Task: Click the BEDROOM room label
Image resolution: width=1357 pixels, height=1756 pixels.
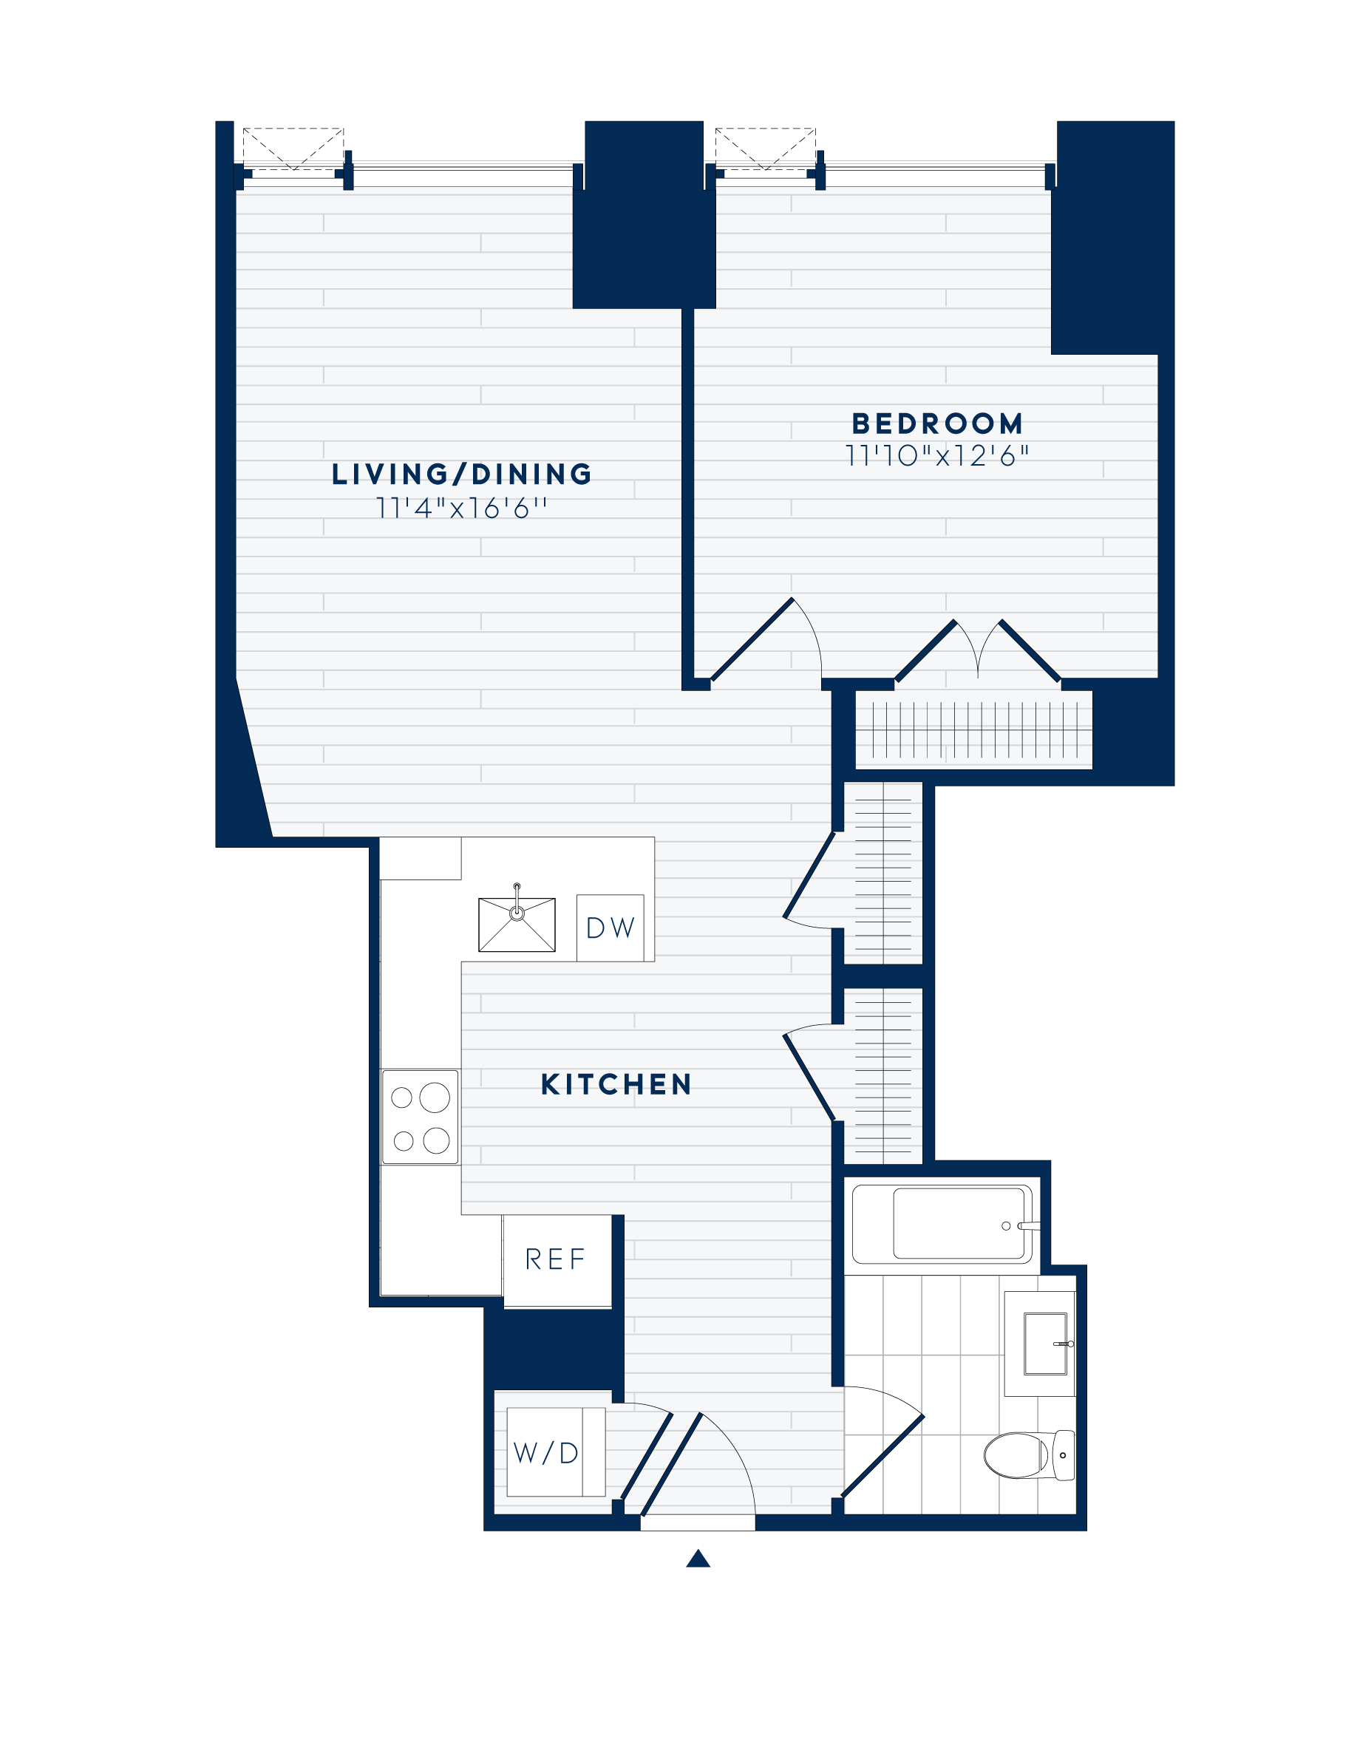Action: (937, 423)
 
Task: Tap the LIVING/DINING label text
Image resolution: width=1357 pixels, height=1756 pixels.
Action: (461, 474)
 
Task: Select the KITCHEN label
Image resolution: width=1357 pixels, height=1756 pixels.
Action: (616, 1085)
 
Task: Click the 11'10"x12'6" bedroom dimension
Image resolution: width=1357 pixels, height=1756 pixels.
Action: (937, 456)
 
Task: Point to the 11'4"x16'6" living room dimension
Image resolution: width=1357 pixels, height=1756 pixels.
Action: (461, 508)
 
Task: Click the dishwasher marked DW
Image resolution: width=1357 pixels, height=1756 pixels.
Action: (611, 928)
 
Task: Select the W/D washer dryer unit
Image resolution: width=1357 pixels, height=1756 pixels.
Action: (548, 1453)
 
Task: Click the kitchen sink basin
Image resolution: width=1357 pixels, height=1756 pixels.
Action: (517, 925)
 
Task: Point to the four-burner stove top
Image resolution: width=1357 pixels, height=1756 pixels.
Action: (420, 1117)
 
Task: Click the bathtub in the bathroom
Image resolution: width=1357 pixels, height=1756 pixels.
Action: (959, 1223)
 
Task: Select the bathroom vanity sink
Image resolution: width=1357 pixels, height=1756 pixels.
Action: (1044, 1344)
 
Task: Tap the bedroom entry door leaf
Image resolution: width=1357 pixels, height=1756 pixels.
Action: (752, 640)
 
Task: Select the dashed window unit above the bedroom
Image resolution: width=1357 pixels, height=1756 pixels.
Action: (765, 150)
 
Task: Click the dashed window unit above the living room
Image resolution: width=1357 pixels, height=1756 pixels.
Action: (293, 150)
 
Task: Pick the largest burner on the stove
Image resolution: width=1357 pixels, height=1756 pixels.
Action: (435, 1097)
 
